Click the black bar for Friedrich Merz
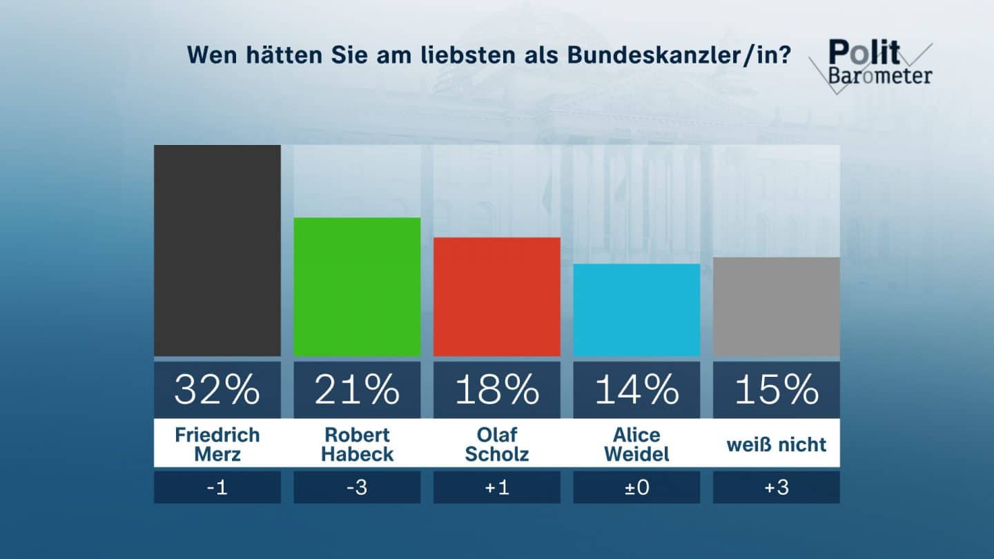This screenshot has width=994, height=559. coord(217,251)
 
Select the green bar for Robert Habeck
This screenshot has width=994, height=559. coord(357,286)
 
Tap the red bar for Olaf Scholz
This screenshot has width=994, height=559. coord(496,297)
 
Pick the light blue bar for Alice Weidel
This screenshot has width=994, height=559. coord(636,310)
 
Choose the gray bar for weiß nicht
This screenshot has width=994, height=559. coord(776,306)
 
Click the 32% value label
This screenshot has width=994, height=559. coord(217,390)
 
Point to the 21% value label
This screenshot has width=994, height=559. coord(357,390)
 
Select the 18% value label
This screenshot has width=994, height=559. coord(496,390)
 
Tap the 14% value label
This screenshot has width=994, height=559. coord(636,390)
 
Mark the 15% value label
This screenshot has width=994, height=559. coord(776,390)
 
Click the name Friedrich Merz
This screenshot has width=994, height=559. coord(217,444)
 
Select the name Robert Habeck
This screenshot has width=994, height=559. coord(357,444)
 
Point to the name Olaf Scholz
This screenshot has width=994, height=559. coord(496,444)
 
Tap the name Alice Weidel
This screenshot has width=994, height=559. coord(636,444)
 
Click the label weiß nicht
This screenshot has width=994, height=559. coord(776,444)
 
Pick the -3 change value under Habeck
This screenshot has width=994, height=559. coord(357,487)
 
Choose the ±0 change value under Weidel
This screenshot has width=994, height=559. coord(636,487)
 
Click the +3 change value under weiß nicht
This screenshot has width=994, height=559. coord(776,487)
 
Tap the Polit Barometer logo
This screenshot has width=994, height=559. coord(873,63)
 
